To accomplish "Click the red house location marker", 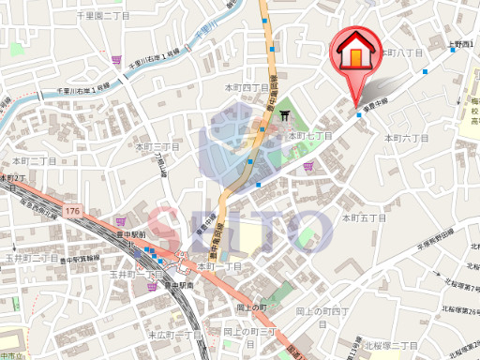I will (356, 54).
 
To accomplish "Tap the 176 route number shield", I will (73, 212).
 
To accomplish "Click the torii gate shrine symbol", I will (285, 115).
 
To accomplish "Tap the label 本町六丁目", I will (406, 138).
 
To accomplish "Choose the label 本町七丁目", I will (311, 136).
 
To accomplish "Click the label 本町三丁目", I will (157, 147).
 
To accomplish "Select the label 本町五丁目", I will (365, 217).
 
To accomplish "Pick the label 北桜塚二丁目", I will (391, 345).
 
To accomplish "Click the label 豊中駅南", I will (176, 285).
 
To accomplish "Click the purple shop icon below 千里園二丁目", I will (117, 59).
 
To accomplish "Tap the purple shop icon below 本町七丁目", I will (308, 167).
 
